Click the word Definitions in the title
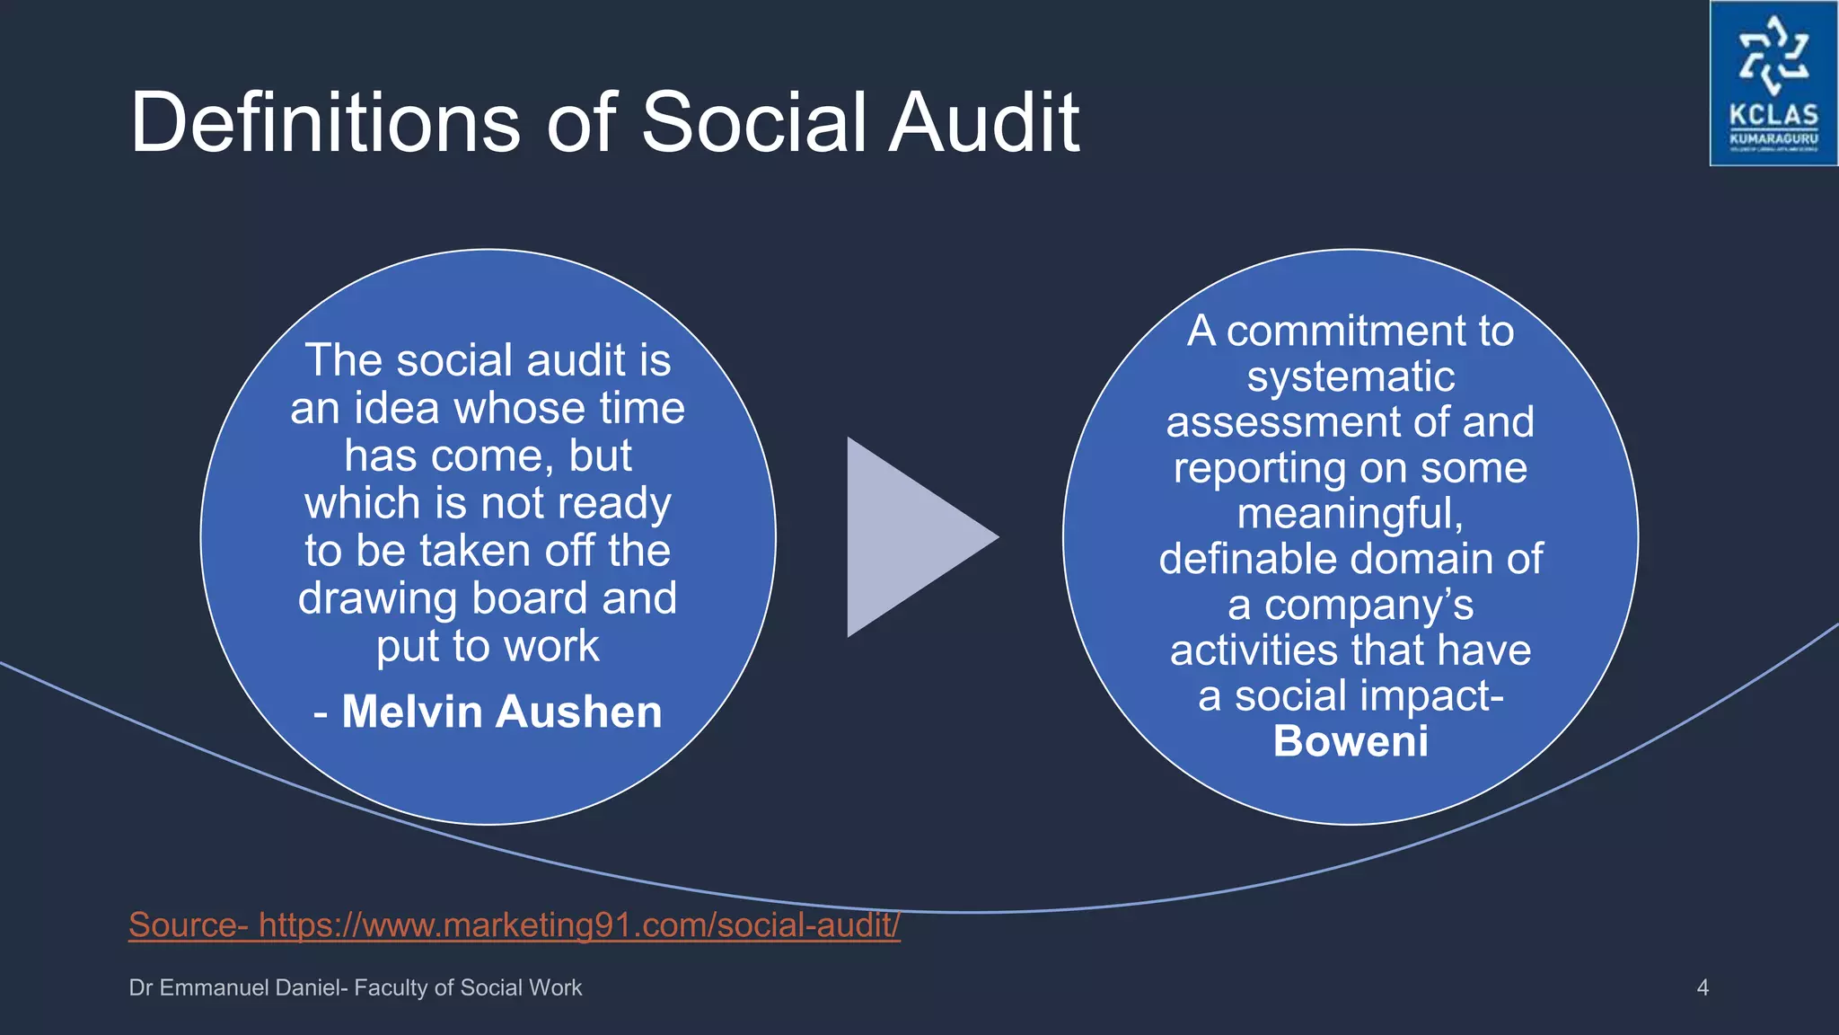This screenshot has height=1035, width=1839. click(324, 122)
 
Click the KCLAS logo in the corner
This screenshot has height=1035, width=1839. click(1773, 84)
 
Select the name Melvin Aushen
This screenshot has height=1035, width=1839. click(502, 712)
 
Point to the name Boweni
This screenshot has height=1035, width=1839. click(1351, 741)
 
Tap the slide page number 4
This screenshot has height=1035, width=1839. click(1703, 987)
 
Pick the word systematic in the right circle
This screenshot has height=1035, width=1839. click(1351, 376)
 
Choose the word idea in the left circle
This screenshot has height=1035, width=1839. click(397, 408)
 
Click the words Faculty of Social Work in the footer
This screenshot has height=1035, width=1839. click(468, 987)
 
